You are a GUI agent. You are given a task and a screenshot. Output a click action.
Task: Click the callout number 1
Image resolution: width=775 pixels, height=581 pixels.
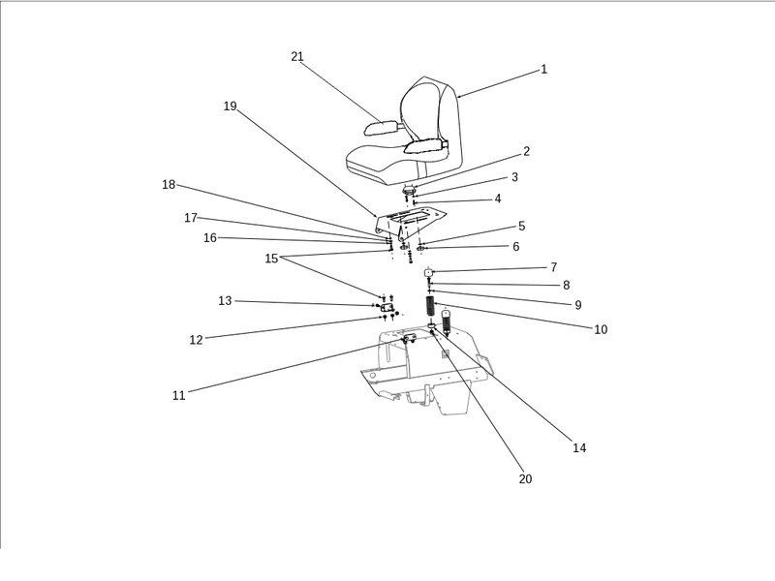click(x=543, y=70)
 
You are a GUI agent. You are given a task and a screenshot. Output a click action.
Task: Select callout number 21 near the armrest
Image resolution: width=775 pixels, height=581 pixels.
click(x=297, y=56)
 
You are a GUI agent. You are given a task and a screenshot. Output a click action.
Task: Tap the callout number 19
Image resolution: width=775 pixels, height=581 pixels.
click(x=230, y=107)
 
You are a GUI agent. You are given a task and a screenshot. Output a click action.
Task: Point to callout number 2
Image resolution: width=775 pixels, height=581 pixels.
click(x=526, y=152)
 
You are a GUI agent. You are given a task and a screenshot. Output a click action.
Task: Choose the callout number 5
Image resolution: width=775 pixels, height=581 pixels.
click(x=521, y=226)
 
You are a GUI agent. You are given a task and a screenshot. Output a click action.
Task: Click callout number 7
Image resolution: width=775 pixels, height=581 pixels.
click(x=553, y=267)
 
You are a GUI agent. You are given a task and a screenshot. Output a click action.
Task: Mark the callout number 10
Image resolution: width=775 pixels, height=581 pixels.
click(x=601, y=329)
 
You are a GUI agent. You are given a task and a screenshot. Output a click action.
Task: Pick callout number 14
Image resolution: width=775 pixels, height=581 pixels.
click(x=579, y=448)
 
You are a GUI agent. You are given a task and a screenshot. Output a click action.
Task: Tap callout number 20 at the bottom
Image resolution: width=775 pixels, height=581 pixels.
click(x=525, y=479)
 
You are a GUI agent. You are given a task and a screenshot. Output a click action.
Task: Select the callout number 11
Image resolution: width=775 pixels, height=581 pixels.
click(x=178, y=396)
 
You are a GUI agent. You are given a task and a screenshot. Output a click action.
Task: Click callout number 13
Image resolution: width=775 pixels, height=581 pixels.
click(x=225, y=301)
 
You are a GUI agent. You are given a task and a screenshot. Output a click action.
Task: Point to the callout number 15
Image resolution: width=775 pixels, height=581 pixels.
click(x=271, y=259)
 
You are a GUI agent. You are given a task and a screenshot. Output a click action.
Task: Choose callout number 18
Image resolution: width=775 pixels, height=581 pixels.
click(x=169, y=185)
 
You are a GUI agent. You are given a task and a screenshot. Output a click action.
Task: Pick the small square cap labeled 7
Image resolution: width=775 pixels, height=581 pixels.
click(x=428, y=273)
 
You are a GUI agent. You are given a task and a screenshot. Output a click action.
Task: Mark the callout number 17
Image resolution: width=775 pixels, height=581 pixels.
click(x=191, y=218)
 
